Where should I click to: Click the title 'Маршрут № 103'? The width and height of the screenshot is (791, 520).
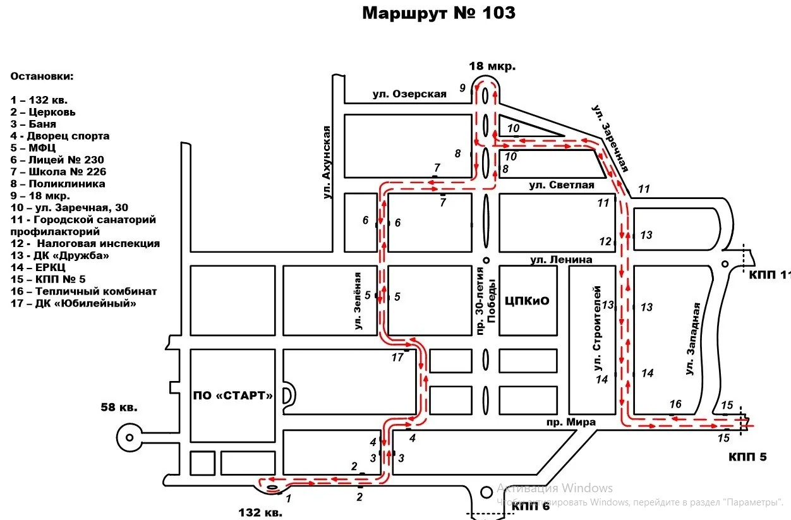click(x=438, y=13)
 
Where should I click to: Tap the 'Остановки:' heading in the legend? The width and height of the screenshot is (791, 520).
click(x=42, y=76)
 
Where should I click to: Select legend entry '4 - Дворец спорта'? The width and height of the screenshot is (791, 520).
click(x=60, y=136)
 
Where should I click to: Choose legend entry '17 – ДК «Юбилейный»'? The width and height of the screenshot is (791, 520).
click(x=74, y=303)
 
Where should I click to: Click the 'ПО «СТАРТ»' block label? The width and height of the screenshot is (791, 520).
click(x=233, y=396)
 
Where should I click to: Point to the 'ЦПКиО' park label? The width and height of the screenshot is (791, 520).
click(x=528, y=301)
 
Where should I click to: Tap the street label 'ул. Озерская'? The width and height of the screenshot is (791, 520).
click(x=409, y=94)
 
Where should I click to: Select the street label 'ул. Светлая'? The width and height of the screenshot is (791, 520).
click(x=562, y=185)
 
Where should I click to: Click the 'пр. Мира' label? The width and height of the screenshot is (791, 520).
click(x=571, y=422)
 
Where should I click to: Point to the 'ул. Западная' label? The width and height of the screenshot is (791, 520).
click(x=694, y=339)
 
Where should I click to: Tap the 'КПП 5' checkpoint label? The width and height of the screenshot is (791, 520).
click(x=747, y=456)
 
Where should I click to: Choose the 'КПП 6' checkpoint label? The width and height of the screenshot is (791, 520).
click(x=531, y=506)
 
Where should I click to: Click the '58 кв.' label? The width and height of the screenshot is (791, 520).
click(x=119, y=407)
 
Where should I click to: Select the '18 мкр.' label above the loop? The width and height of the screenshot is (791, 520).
click(x=492, y=66)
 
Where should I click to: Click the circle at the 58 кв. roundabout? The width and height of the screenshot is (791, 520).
click(x=129, y=437)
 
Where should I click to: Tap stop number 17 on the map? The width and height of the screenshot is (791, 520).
click(x=397, y=358)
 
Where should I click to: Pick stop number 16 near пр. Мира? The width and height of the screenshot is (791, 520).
click(x=675, y=404)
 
